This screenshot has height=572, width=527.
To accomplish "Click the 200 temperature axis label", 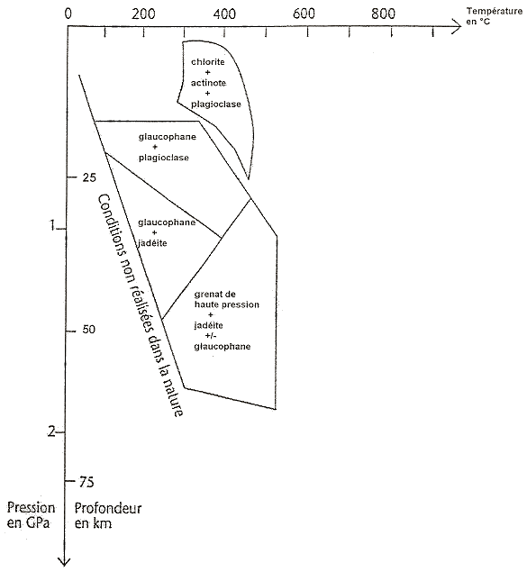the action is (x=143, y=14).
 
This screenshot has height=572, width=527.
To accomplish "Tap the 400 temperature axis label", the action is (x=224, y=14).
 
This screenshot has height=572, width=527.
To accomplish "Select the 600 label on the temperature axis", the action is (x=304, y=14).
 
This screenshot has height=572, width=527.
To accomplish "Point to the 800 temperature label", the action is (x=383, y=14).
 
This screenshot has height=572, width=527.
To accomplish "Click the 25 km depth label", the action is (x=89, y=177).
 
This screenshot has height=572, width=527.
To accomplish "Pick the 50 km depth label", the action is (x=88, y=330).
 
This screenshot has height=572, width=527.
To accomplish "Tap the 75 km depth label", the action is (x=86, y=482).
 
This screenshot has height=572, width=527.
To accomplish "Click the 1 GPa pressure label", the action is (x=52, y=225).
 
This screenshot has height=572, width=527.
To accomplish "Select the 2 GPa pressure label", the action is (x=51, y=431).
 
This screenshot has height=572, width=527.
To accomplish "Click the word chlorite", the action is (x=208, y=61).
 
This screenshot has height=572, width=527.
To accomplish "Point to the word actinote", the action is (x=208, y=83).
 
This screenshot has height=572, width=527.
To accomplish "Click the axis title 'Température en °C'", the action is (x=494, y=16).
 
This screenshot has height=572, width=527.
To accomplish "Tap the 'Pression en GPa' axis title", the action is (x=31, y=515).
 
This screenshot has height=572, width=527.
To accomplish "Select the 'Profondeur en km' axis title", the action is (x=108, y=515).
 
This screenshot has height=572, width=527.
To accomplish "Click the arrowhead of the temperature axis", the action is (x=457, y=26).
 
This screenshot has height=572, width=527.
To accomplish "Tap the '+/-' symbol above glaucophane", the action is (x=211, y=336).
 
